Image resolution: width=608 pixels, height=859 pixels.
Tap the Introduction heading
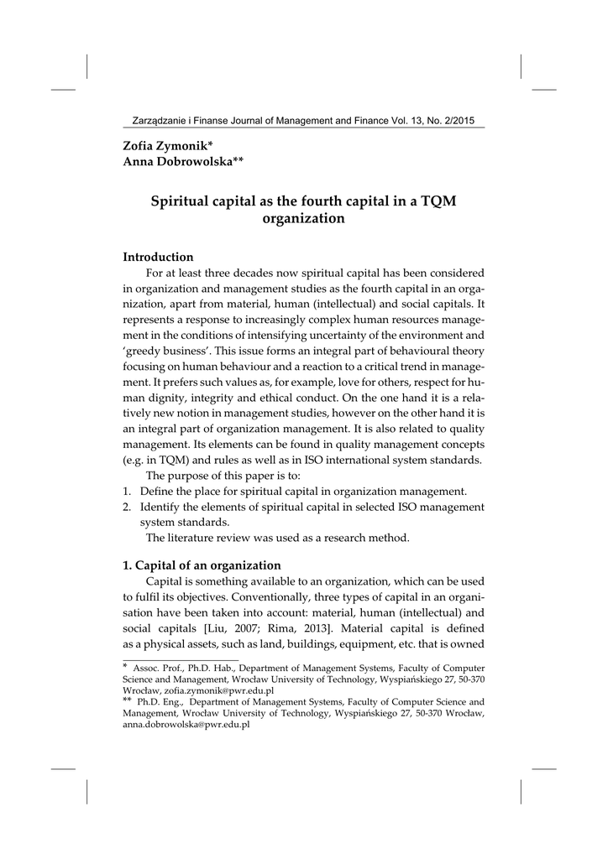click(158, 257)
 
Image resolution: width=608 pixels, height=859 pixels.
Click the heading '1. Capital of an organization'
click(202, 565)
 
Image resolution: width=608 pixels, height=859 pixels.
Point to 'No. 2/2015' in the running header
click(448, 121)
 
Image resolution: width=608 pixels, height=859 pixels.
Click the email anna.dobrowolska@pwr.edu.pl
click(186, 723)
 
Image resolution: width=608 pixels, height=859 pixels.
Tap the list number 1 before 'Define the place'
click(127, 491)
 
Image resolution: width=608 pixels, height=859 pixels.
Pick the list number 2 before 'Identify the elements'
click(127, 507)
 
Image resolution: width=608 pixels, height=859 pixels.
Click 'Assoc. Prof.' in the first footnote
click(159, 668)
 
